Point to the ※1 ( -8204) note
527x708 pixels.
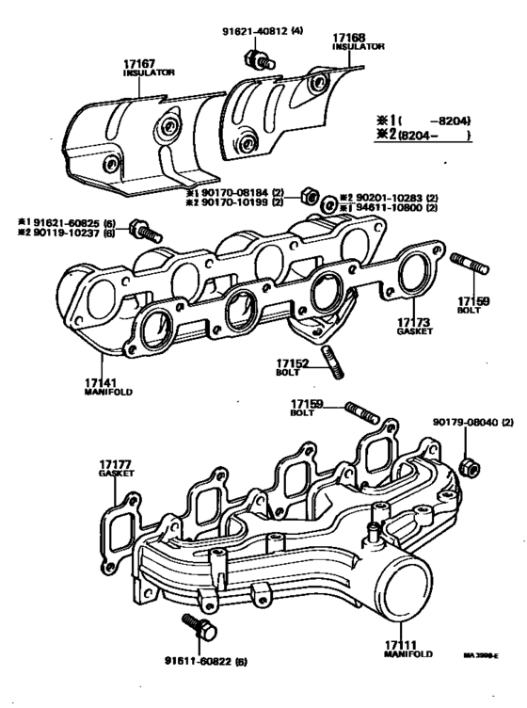pyautogui.click(x=423, y=121)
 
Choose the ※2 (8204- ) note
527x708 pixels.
pyautogui.click(x=423, y=136)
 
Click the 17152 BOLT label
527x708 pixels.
pyautogui.click(x=289, y=365)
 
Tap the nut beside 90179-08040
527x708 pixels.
pyautogui.click(x=470, y=467)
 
